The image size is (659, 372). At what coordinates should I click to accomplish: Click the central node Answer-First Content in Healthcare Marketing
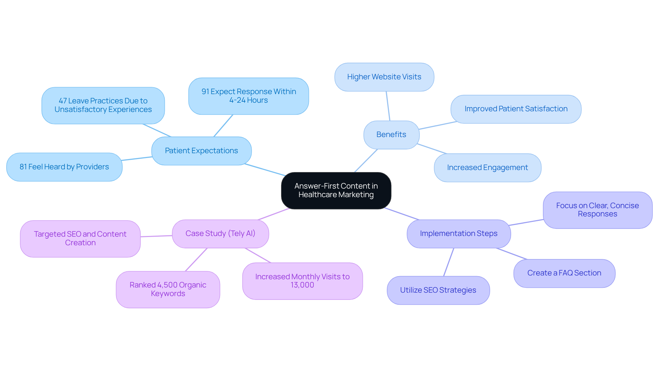point(336,190)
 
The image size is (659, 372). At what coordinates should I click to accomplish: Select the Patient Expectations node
point(201,151)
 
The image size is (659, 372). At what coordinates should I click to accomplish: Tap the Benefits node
point(391,135)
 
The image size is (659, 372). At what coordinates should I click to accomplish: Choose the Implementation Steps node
point(458,234)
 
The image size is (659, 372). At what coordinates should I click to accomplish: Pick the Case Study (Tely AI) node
point(220,234)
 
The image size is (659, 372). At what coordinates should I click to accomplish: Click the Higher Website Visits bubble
point(384,77)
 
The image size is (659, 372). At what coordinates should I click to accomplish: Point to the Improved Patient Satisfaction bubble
point(516,109)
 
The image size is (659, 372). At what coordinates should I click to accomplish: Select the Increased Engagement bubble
point(487,168)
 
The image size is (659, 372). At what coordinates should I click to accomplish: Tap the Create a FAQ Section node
point(564,273)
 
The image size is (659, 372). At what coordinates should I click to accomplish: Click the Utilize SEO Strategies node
point(438,290)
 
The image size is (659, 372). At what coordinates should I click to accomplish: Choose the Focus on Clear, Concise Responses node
point(597,210)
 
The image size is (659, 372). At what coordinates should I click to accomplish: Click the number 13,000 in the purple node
point(302,285)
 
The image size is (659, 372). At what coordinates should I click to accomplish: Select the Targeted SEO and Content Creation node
point(80,238)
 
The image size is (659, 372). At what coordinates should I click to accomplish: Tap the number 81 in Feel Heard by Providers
point(23,167)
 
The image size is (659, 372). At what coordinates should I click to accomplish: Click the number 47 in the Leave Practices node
point(62,101)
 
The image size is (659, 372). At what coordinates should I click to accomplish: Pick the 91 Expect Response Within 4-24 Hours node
point(248,96)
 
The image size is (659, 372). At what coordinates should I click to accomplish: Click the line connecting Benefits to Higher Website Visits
point(388,106)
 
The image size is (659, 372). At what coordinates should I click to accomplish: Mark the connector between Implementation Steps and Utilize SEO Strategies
point(449,262)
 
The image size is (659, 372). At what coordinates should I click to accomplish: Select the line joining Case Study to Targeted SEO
point(156,236)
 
